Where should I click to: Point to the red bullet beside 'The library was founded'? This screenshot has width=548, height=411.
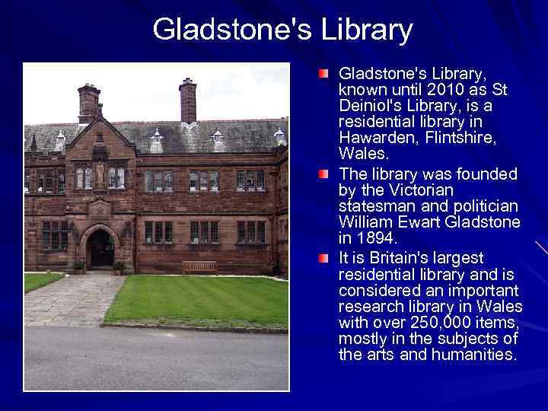(x=325, y=175)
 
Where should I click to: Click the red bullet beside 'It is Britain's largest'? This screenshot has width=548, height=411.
(x=325, y=259)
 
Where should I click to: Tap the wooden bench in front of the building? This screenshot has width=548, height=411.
(x=199, y=266)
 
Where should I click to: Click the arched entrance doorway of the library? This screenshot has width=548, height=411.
(x=100, y=248)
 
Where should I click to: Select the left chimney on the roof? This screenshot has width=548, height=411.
(x=89, y=104)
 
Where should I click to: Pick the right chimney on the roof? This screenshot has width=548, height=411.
(x=187, y=99)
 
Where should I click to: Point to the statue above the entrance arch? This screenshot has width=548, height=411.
(x=99, y=173)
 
